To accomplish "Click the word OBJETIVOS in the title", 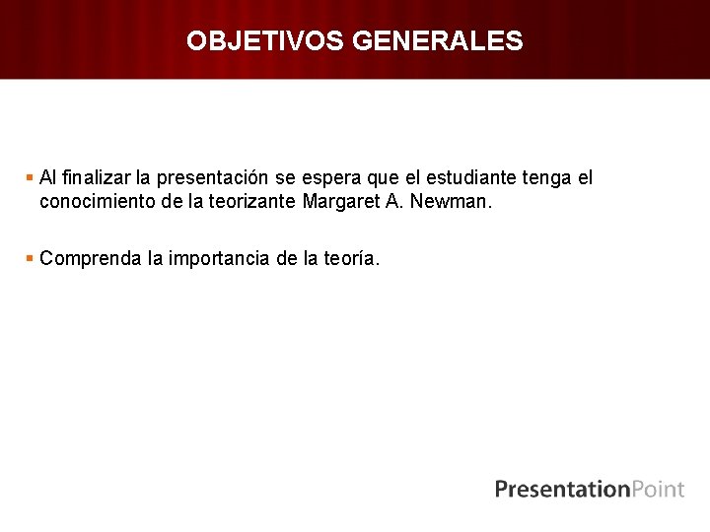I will [x=263, y=41].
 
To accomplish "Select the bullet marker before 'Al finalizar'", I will [x=31, y=177].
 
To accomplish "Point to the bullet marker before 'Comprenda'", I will [x=31, y=258].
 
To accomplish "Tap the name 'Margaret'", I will [x=337, y=202].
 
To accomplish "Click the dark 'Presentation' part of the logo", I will [x=561, y=490].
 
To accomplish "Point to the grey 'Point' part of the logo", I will [x=657, y=490].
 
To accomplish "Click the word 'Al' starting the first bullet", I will [x=48, y=178].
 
